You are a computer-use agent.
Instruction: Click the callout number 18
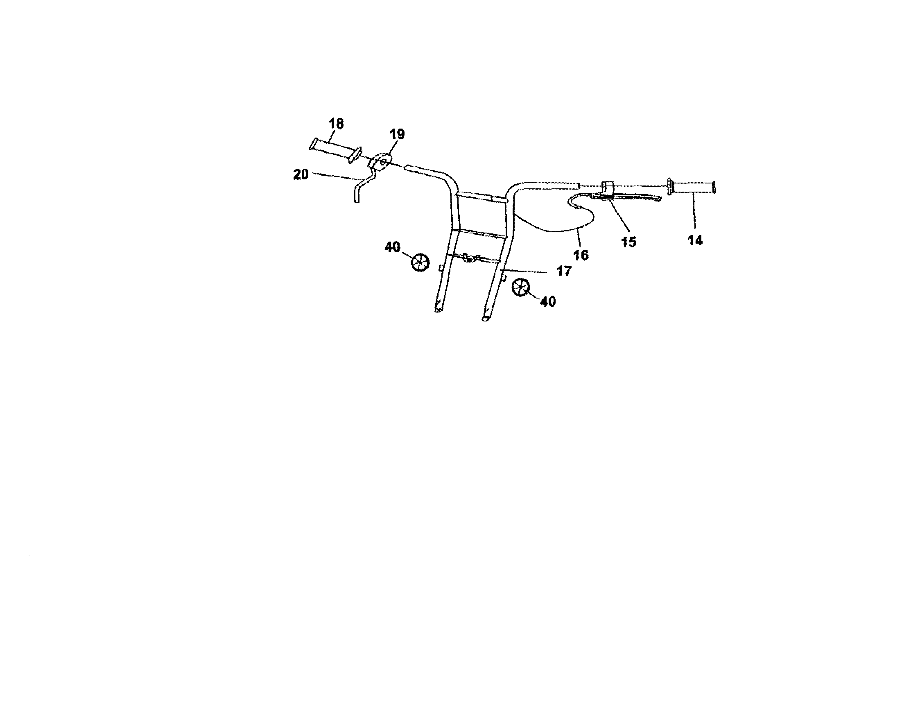336,124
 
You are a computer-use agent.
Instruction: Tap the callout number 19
397,134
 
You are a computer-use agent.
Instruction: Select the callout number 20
301,175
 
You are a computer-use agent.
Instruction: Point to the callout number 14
695,240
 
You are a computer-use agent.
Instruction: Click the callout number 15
629,242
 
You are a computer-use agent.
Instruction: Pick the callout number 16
581,255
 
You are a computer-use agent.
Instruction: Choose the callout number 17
563,271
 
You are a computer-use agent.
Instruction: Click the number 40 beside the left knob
393,247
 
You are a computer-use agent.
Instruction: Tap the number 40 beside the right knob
548,302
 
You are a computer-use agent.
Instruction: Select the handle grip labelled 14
691,186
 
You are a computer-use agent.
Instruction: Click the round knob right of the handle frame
520,288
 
